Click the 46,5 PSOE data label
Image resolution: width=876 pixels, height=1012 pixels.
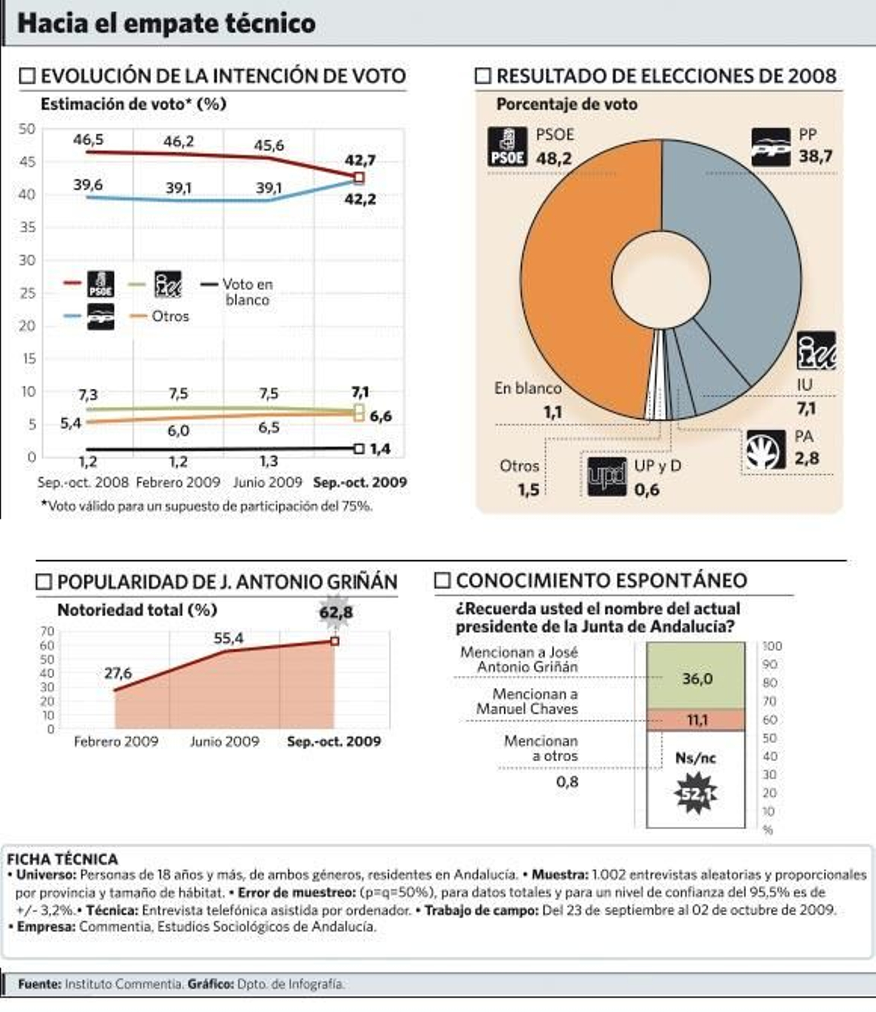(x=88, y=140)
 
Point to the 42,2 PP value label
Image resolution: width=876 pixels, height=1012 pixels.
(x=360, y=199)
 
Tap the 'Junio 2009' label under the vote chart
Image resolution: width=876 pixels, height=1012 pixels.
(x=267, y=482)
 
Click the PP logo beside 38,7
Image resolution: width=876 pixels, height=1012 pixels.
(x=770, y=147)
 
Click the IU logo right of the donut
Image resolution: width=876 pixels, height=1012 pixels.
(x=816, y=350)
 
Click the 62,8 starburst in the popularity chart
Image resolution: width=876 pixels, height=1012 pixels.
(x=336, y=611)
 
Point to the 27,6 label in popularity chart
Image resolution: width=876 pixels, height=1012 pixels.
(x=118, y=673)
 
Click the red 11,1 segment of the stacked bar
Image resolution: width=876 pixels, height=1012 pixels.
(x=696, y=720)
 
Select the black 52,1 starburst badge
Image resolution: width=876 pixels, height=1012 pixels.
(x=696, y=793)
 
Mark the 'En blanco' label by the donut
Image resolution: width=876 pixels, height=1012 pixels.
(x=527, y=388)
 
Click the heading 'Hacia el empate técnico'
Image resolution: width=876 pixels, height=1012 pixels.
(x=166, y=24)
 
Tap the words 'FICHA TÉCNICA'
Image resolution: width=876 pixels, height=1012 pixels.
(x=62, y=859)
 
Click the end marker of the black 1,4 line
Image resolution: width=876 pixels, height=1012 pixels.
(x=359, y=449)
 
